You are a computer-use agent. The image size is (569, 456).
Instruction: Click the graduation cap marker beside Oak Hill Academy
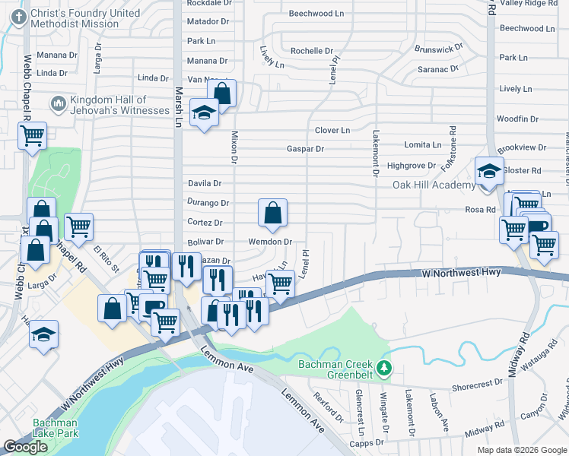coord(489,173)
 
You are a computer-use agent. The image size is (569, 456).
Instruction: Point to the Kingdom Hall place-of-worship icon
coord(58,103)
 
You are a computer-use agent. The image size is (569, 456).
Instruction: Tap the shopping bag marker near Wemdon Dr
coord(272,214)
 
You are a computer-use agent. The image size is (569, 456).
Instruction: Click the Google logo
coord(26,447)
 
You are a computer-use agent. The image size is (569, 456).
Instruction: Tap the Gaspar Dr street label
coord(305,149)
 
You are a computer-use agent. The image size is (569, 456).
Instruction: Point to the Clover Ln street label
coord(332,130)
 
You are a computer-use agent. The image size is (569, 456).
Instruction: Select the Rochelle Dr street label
coord(312,51)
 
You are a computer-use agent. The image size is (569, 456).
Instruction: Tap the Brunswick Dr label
coord(438,49)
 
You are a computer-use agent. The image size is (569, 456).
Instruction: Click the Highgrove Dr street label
coord(411,165)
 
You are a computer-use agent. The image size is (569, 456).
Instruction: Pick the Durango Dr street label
coord(208,203)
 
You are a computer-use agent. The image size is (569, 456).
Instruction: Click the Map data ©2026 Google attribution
coord(521,450)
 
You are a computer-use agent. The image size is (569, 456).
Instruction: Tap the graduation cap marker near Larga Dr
coord(44,335)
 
